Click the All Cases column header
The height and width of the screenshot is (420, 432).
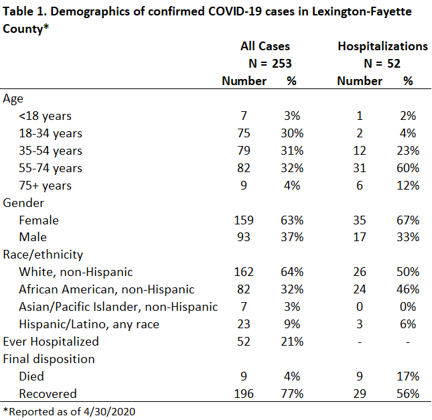coord(265,46)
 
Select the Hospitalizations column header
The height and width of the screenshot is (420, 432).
coord(382,46)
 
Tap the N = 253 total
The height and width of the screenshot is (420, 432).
coord(270,64)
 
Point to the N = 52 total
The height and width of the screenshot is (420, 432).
coord(382,64)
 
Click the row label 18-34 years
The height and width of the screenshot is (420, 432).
coord(50,133)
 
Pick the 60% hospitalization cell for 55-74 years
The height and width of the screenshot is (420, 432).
coord(408,168)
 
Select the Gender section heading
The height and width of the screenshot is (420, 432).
coord(23,203)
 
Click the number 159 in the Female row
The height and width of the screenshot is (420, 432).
coord(244,220)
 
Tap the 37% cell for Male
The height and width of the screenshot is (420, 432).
coord(292,237)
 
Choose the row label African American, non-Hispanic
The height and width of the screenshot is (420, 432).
coord(106,289)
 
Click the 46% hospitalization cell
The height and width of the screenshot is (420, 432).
coord(408,289)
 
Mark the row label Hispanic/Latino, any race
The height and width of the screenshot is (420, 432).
coord(89,324)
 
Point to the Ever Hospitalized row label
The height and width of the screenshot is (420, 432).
coord(51,342)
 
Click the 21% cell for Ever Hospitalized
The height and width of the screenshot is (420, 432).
coord(292,342)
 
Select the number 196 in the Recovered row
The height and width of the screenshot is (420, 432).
coord(244,394)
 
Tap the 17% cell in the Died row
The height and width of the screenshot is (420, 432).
coord(408,376)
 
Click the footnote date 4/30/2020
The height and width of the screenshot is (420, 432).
coord(109,412)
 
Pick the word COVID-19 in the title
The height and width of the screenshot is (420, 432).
coord(234,11)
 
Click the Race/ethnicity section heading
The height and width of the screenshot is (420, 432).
coord(43,255)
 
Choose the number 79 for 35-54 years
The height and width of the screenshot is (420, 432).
coord(244,151)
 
